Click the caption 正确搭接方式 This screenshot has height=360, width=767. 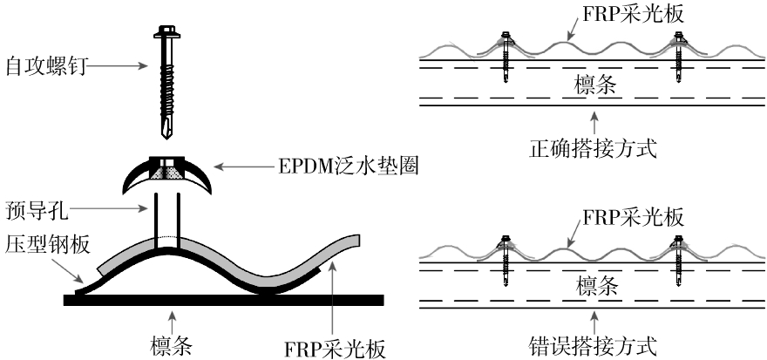pos(593,147)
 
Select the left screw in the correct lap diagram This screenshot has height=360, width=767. pos(506,58)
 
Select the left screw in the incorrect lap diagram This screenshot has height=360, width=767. pos(506,257)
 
